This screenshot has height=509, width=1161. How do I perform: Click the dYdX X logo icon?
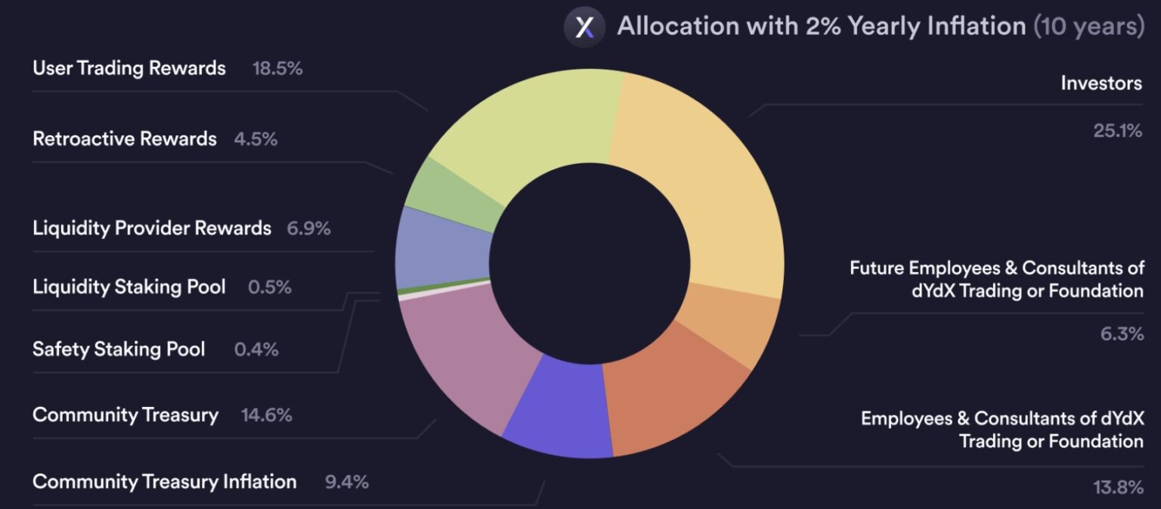pyautogui.click(x=584, y=27)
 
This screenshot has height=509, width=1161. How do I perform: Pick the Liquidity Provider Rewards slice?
pyautogui.click(x=442, y=250)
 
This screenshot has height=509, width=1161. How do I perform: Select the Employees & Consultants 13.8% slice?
pyautogui.click(x=665, y=393)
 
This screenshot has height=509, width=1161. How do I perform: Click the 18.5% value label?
pyautogui.click(x=277, y=68)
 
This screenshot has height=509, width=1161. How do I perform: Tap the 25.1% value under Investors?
pyautogui.click(x=1117, y=131)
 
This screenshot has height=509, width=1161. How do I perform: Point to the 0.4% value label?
pyautogui.click(x=256, y=349)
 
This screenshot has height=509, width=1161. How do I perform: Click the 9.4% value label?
pyautogui.click(x=347, y=482)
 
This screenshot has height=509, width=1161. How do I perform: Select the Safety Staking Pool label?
pyautogui.click(x=119, y=349)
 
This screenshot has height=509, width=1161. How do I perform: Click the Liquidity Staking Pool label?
pyautogui.click(x=129, y=287)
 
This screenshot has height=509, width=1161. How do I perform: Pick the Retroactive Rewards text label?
pyautogui.click(x=125, y=139)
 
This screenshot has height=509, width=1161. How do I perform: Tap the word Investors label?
pyautogui.click(x=1101, y=83)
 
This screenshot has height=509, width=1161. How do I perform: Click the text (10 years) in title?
pyautogui.click(x=1088, y=26)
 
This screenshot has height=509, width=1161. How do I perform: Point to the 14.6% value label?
pyautogui.click(x=266, y=415)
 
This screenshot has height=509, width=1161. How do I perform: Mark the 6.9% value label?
pyautogui.click(x=308, y=228)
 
